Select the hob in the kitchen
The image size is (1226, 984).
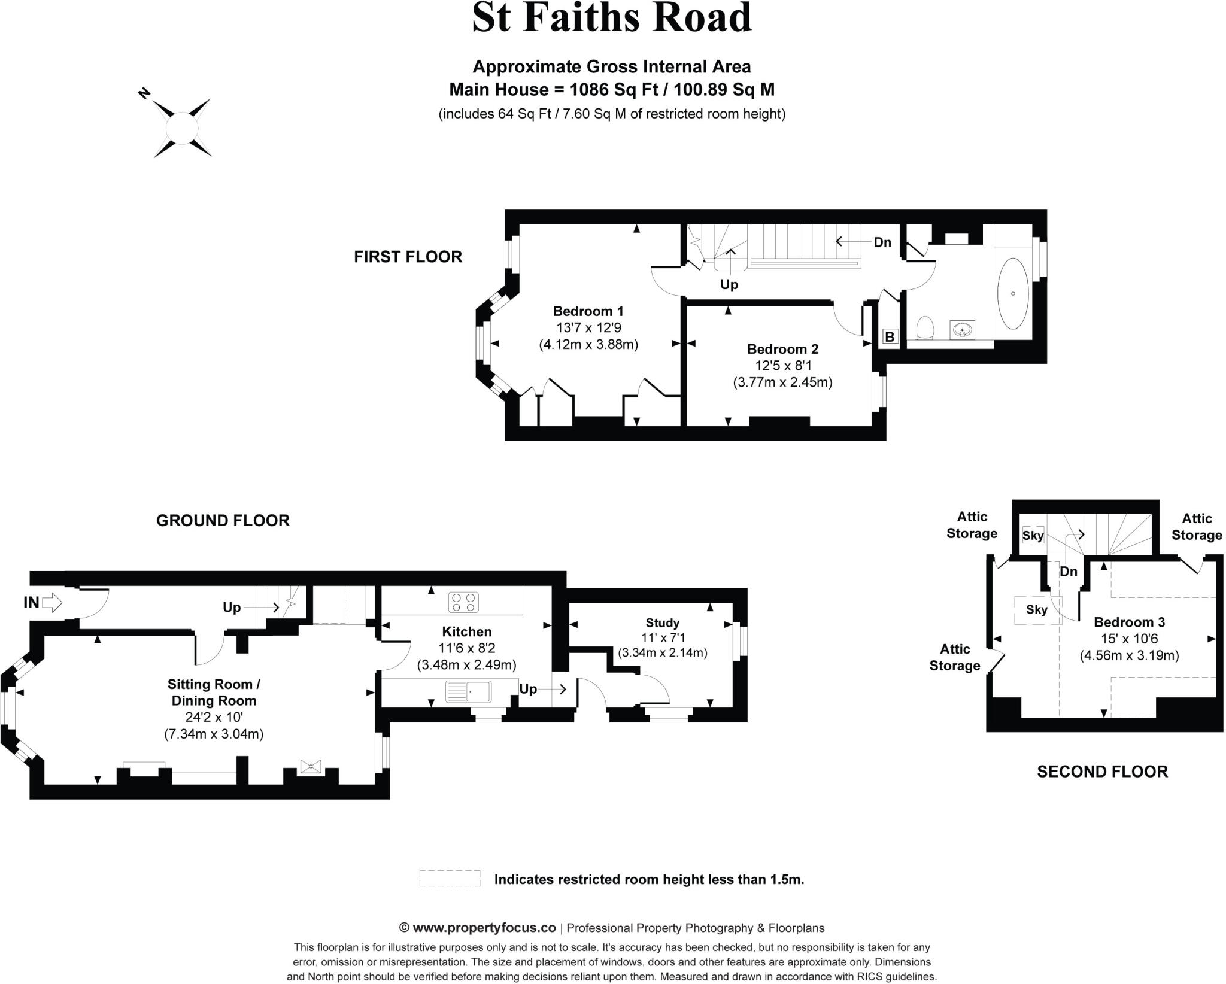click(464, 602)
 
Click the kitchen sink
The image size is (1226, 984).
click(469, 692)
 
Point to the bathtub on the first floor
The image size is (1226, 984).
click(1013, 293)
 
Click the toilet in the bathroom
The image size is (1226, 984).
click(925, 327)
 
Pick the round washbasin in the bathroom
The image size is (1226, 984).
click(962, 329)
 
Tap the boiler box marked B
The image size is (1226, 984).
click(890, 337)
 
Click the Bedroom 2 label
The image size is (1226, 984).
click(782, 349)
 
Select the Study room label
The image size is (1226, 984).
click(662, 622)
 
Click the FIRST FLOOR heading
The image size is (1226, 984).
click(408, 257)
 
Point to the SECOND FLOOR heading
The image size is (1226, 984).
click(1102, 772)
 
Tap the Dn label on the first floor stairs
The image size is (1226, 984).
click(882, 242)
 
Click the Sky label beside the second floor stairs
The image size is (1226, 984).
click(1033, 536)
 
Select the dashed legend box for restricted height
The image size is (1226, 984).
click(450, 879)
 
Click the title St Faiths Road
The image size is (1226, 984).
click(612, 18)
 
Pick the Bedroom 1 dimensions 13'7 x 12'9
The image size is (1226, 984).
click(588, 328)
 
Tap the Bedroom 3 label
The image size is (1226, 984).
click(1129, 622)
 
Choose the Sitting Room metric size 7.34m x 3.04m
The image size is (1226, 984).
click(214, 734)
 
